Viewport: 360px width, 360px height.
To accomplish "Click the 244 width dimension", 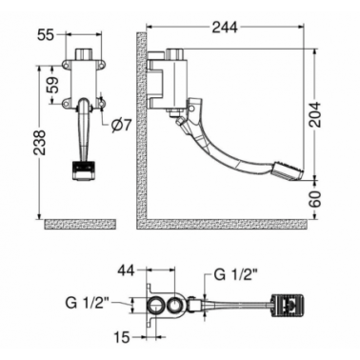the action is pos(225,28).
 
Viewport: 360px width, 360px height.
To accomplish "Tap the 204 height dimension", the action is pos(315,114).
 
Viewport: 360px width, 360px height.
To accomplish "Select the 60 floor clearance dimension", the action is pos(315,199).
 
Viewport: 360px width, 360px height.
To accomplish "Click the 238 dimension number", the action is pos(41,142).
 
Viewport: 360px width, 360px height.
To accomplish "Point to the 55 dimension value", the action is pos(46,35).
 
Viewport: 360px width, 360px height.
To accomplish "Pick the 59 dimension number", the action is pos(54,85).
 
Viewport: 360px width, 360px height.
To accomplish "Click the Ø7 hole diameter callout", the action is pos(121,126).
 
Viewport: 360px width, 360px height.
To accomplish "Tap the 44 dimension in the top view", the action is pos(127,270).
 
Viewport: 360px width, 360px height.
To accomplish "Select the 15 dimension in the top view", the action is pos(122,337).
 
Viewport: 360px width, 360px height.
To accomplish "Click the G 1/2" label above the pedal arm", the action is pos(234,275).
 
